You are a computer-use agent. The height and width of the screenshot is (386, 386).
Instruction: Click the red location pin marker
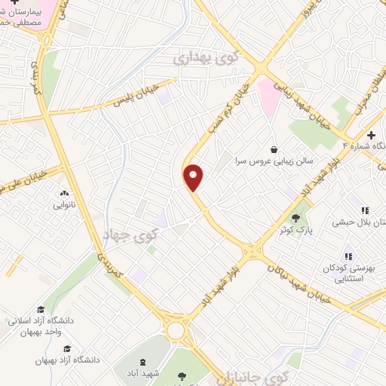(x=194, y=177)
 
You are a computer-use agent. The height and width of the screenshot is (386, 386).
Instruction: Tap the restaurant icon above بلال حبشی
(x=365, y=210)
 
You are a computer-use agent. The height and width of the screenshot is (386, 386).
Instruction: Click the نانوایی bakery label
(x=62, y=205)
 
